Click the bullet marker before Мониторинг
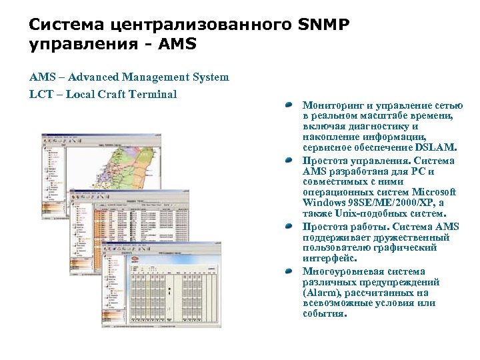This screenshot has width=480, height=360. click(287, 106)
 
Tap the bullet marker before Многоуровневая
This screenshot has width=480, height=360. click(287, 272)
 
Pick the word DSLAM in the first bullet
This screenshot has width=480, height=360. click(437, 147)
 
